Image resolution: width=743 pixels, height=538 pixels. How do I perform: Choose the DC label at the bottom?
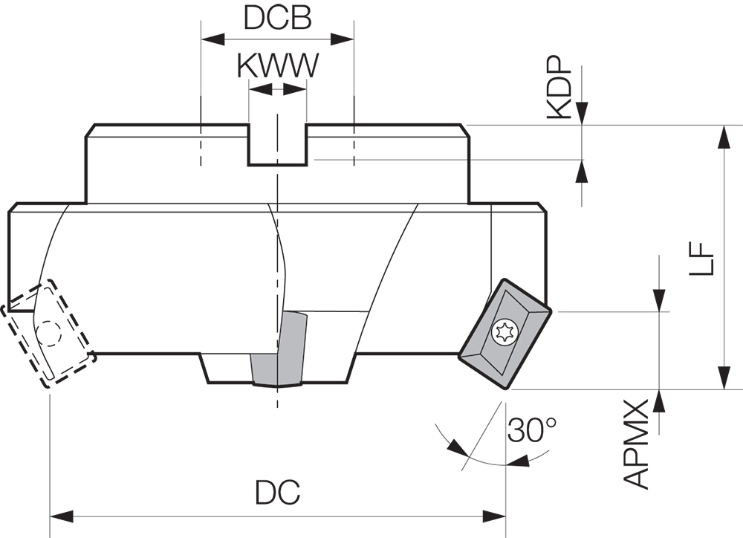click(x=277, y=491)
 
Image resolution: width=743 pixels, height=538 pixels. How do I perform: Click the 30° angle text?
click(x=531, y=430)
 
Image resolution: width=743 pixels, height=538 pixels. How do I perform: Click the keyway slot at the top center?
click(x=276, y=145)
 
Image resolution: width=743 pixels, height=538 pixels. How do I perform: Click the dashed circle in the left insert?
click(x=50, y=334)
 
